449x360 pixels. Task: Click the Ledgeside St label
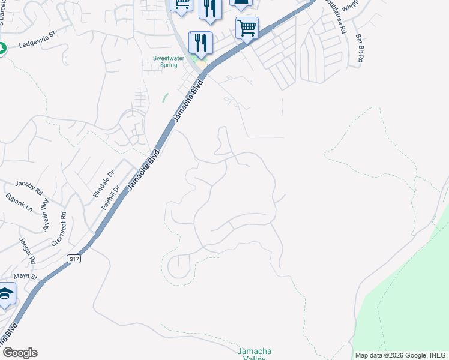click(37, 44)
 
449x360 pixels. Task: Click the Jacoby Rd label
click(29, 187)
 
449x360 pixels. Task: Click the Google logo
click(20, 353)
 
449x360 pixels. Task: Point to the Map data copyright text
click(400, 355)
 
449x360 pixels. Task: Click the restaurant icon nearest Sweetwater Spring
click(200, 43)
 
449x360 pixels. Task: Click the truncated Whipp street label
click(352, 7)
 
